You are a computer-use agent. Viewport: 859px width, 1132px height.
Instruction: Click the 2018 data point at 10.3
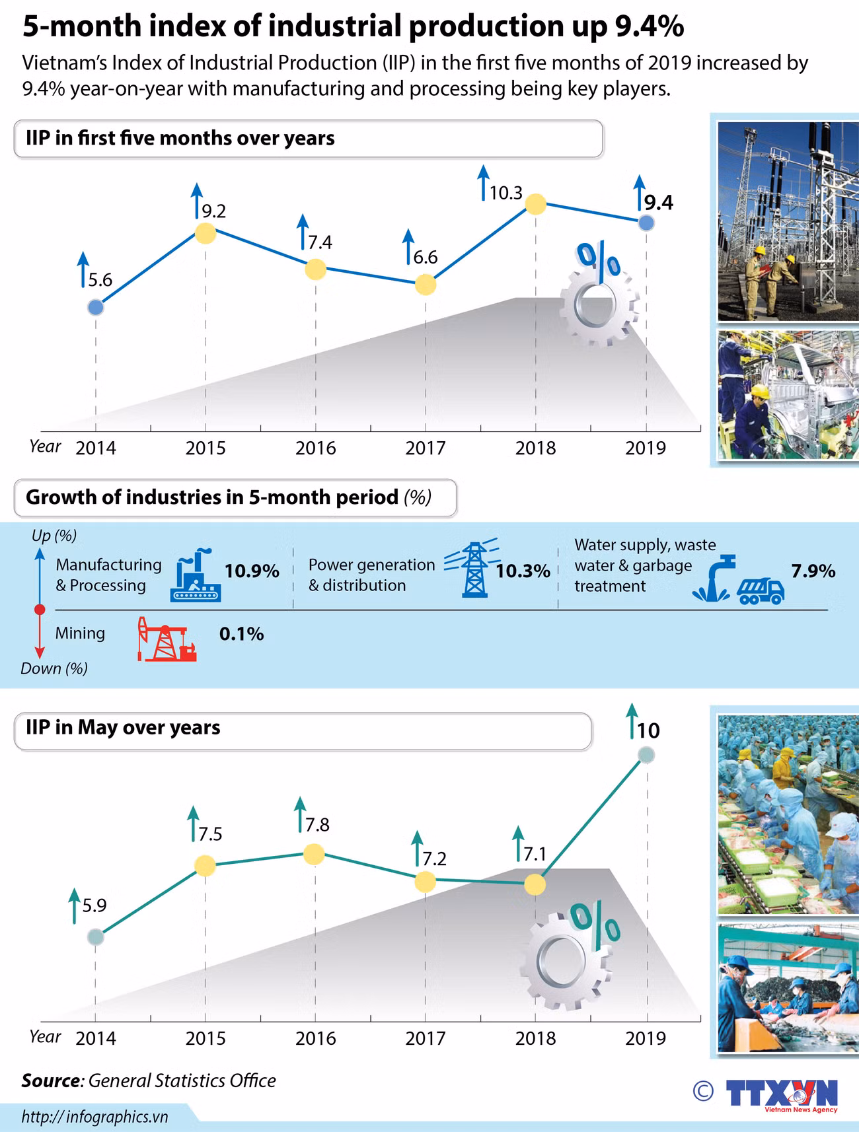pos(535,204)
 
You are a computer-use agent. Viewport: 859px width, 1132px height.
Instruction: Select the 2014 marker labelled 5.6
pos(96,307)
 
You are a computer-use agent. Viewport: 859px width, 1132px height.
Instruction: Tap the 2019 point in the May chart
pos(646,755)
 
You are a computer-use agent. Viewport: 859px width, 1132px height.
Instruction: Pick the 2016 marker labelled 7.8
pos(315,854)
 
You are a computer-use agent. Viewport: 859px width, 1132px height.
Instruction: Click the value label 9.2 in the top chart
pos(214,211)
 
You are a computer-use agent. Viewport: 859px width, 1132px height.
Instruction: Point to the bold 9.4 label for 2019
pos(659,203)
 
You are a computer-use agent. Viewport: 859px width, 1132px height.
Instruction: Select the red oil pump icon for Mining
pos(167,639)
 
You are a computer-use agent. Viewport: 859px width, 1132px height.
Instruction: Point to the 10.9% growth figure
pos(252,571)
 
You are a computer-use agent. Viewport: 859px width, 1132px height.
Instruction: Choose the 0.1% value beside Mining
pos(242,634)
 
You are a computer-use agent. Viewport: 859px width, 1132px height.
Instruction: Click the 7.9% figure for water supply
pos(813,571)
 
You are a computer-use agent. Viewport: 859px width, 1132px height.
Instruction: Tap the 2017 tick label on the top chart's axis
pos(426,448)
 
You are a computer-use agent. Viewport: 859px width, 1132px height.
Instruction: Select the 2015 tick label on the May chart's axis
pos(205,1039)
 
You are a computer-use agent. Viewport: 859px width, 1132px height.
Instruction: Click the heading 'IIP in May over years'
pos(123,728)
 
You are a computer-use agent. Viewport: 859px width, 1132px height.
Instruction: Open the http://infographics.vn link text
pos(95,1117)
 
